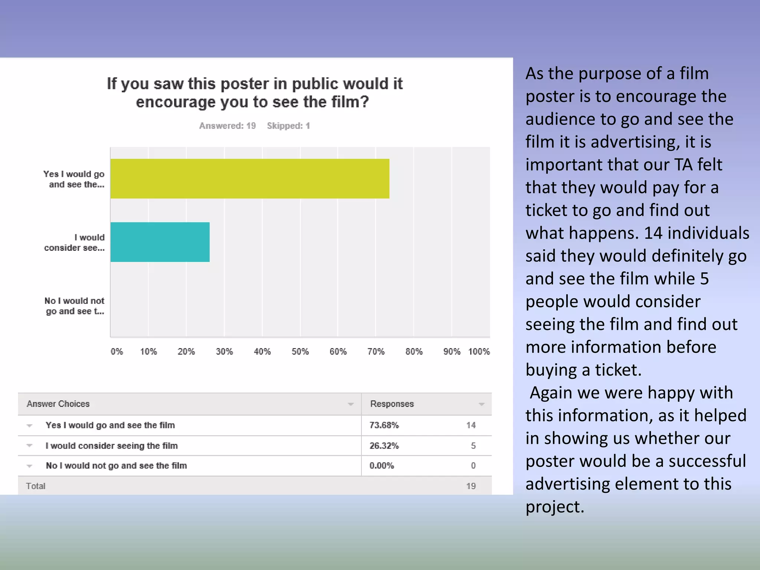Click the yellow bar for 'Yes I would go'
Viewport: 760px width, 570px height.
(x=250, y=178)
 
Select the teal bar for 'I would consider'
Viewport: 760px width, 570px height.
(x=160, y=242)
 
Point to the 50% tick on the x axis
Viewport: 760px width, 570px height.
(x=300, y=351)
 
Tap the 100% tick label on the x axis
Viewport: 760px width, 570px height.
(x=479, y=351)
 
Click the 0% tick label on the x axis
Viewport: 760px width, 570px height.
(x=117, y=351)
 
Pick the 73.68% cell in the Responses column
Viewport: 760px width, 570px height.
(x=384, y=425)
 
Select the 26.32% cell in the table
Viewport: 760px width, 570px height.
(x=384, y=446)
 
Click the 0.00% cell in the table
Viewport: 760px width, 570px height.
(x=381, y=466)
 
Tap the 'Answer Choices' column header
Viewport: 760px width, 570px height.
(x=58, y=404)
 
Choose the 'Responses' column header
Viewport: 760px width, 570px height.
(x=392, y=404)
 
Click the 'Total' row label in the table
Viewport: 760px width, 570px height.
(x=36, y=486)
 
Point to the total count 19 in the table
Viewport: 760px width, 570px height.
(x=471, y=486)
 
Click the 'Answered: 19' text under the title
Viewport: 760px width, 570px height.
(x=227, y=126)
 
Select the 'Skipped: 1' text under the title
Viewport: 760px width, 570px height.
(x=288, y=126)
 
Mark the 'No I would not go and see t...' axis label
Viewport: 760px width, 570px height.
(x=75, y=306)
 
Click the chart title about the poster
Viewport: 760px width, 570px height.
(x=254, y=93)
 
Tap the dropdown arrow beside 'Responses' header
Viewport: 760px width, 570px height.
(x=482, y=404)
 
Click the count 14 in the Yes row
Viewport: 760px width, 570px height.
(x=471, y=425)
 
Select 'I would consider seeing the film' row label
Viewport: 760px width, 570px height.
(x=112, y=446)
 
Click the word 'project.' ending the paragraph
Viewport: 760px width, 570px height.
(x=555, y=507)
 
